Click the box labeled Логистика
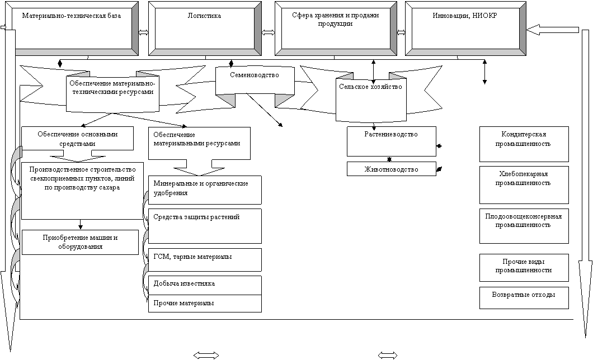click(x=205, y=29)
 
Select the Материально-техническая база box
click(x=72, y=29)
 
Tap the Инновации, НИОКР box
click(x=465, y=29)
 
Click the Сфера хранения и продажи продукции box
click(x=336, y=29)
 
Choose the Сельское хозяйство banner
click(x=371, y=99)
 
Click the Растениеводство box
click(x=392, y=141)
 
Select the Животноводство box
click(x=392, y=169)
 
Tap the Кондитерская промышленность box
click(x=524, y=144)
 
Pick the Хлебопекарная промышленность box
click(x=524, y=184)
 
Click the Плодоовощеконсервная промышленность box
click(x=524, y=226)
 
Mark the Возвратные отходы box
click(x=524, y=297)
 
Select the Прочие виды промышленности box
click(x=524, y=267)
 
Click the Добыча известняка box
click(x=205, y=285)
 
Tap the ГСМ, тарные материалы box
click(x=205, y=259)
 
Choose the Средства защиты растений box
click(x=205, y=226)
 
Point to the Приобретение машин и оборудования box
click(x=80, y=242)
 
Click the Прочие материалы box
click(x=205, y=304)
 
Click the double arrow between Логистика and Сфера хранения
click(x=268, y=32)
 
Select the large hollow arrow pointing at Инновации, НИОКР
click(x=552, y=30)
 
